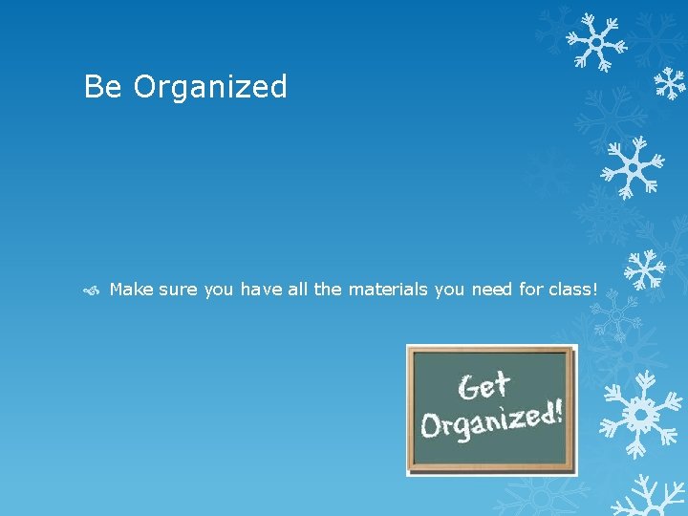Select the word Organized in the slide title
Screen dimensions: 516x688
coord(210,88)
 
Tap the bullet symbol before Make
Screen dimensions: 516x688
coord(93,290)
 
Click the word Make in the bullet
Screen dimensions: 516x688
coord(131,289)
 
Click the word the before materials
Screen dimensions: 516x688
coord(327,289)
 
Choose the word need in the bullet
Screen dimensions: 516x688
coord(491,289)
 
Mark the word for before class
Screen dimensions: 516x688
coord(530,289)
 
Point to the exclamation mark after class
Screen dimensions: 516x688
coord(594,289)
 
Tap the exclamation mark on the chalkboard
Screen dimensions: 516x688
coord(558,412)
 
